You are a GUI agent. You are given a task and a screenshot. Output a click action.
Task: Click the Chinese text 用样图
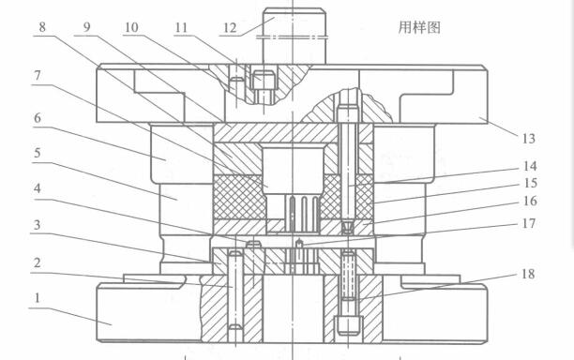point(419,28)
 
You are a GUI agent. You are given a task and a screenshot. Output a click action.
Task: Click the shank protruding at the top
point(295,33)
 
